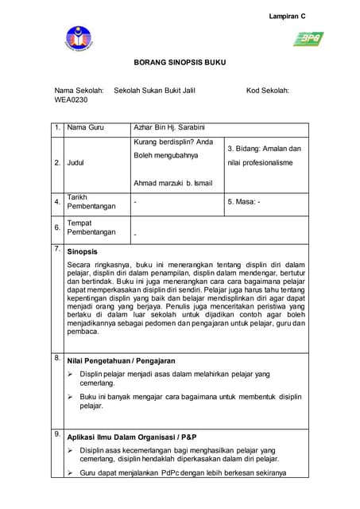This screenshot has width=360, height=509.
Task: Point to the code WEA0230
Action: (71, 101)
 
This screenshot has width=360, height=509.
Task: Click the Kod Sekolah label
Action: (267, 91)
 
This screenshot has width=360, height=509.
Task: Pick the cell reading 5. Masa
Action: (244, 202)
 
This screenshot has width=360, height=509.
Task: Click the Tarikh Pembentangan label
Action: (91, 201)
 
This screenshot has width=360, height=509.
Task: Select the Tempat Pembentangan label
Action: (91, 228)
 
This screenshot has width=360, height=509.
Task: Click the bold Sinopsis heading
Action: (82, 251)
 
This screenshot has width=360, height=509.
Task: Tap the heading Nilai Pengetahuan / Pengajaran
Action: (121, 361)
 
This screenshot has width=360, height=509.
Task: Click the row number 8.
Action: (57, 359)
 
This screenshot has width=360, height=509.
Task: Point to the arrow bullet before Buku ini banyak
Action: (71, 395)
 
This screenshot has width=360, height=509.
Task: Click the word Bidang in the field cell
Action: (248, 149)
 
